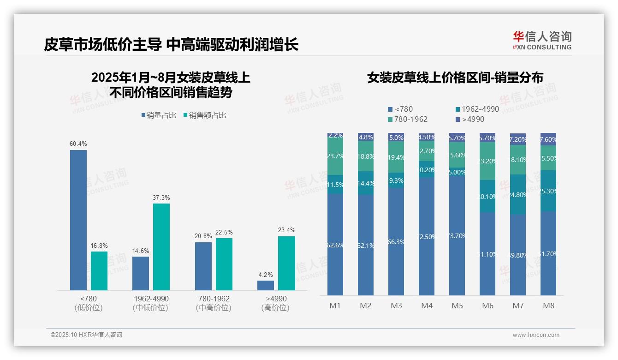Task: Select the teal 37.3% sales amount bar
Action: click(161, 246)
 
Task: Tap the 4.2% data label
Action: click(266, 275)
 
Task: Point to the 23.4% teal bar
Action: click(286, 263)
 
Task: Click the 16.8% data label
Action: click(99, 246)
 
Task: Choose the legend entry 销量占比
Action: click(159, 115)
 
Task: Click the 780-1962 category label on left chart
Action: click(213, 299)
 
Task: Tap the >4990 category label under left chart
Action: click(276, 299)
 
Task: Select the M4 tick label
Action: click(427, 306)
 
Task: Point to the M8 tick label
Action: click(548, 306)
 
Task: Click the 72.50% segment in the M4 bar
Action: click(427, 236)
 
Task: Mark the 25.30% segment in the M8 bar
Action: click(548, 191)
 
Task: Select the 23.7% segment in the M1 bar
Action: click(335, 157)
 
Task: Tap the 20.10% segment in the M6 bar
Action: click(487, 196)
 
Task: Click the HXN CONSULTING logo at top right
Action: click(542, 41)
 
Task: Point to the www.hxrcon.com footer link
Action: click(536, 335)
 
